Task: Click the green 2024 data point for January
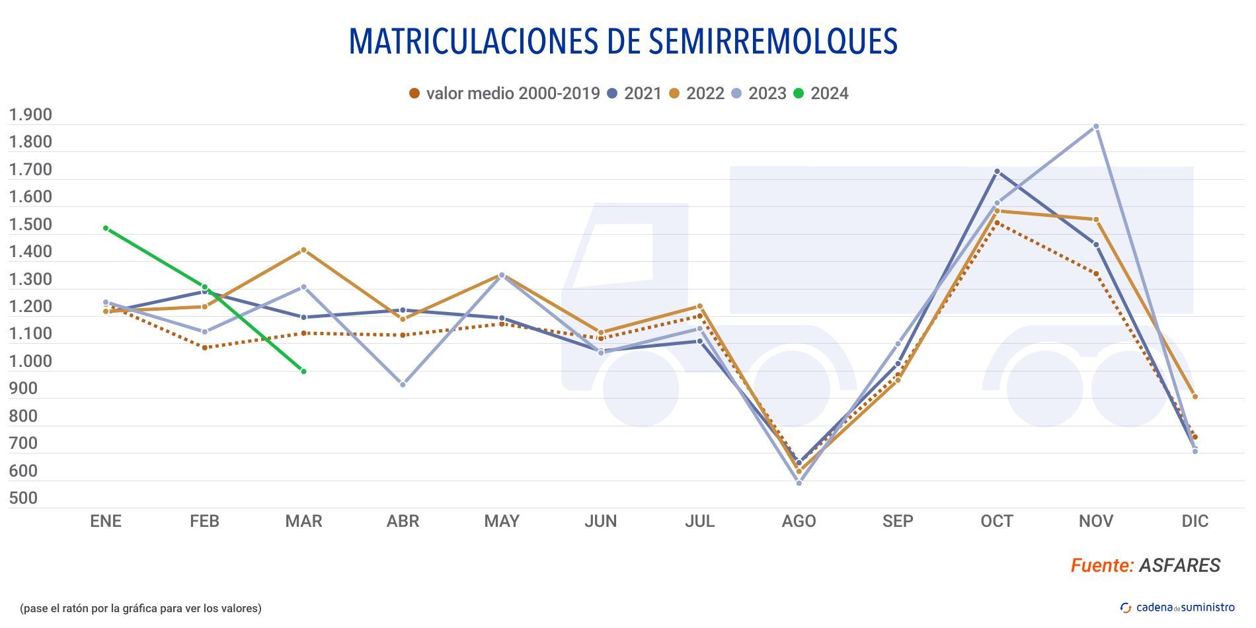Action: click(x=106, y=228)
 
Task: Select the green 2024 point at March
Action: click(x=303, y=372)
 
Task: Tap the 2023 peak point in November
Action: click(x=1096, y=126)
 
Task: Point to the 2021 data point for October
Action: click(x=997, y=171)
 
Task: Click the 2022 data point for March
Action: click(x=303, y=250)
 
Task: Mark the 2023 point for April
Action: click(x=403, y=384)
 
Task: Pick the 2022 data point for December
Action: click(x=1195, y=397)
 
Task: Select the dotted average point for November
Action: click(x=1096, y=274)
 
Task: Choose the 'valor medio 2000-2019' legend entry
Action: click(x=504, y=93)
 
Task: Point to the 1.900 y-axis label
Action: click(x=30, y=115)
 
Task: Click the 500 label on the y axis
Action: click(x=23, y=498)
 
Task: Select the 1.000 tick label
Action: click(x=30, y=361)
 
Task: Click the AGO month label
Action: click(x=799, y=521)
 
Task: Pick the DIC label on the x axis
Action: click(x=1195, y=521)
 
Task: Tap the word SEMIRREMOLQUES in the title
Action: click(x=773, y=41)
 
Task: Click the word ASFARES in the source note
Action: click(x=1180, y=565)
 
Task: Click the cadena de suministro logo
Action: click(x=1177, y=608)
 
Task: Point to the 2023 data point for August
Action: click(x=799, y=483)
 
